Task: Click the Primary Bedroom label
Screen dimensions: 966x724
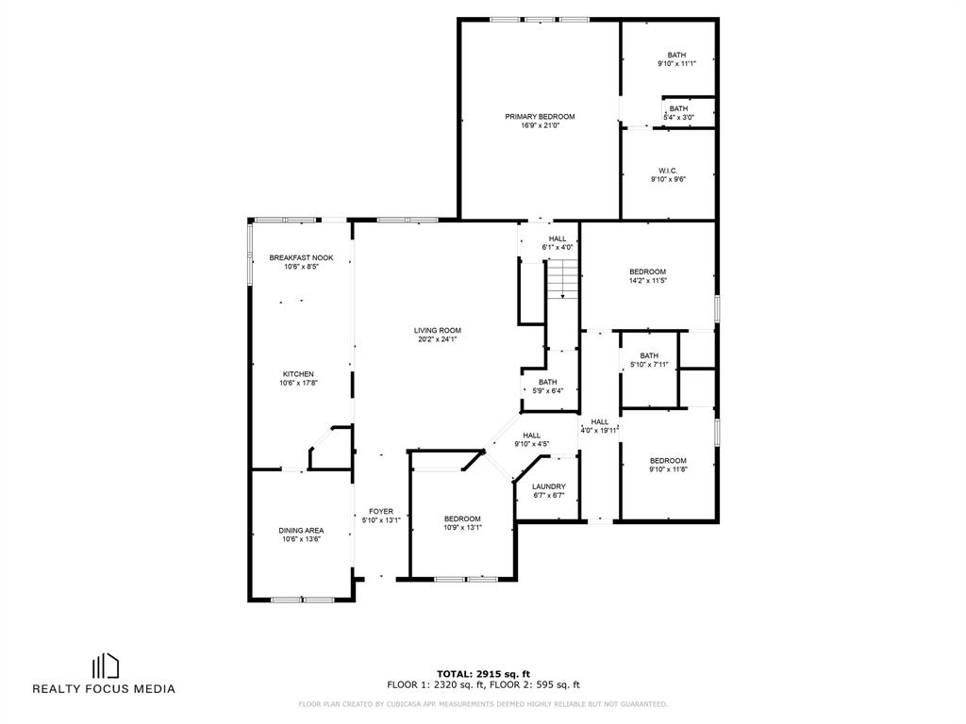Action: [540, 116]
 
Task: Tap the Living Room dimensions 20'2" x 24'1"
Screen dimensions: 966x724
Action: [438, 339]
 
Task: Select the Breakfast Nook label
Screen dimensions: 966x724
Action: [301, 258]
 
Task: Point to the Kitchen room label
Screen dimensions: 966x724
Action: [298, 374]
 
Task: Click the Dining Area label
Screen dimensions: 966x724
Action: [301, 531]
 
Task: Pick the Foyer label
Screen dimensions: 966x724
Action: [381, 512]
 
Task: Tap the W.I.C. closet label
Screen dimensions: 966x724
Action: [669, 172]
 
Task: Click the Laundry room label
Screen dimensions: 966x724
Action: [548, 487]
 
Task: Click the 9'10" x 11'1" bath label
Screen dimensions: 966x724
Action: [676, 59]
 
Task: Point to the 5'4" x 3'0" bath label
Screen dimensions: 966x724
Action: [679, 113]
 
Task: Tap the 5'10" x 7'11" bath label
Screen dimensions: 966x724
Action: [649, 360]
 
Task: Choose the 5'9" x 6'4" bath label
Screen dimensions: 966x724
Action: [548, 387]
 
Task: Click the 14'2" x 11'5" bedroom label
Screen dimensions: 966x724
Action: [647, 276]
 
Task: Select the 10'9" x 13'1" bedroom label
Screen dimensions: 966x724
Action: [462, 523]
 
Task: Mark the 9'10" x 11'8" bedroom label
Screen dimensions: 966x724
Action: [669, 465]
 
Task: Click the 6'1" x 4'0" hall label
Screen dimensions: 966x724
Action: [558, 243]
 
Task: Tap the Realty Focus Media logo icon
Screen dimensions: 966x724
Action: [106, 666]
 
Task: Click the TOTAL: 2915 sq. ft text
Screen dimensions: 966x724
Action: [484, 674]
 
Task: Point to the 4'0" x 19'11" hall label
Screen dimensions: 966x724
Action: [599, 426]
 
